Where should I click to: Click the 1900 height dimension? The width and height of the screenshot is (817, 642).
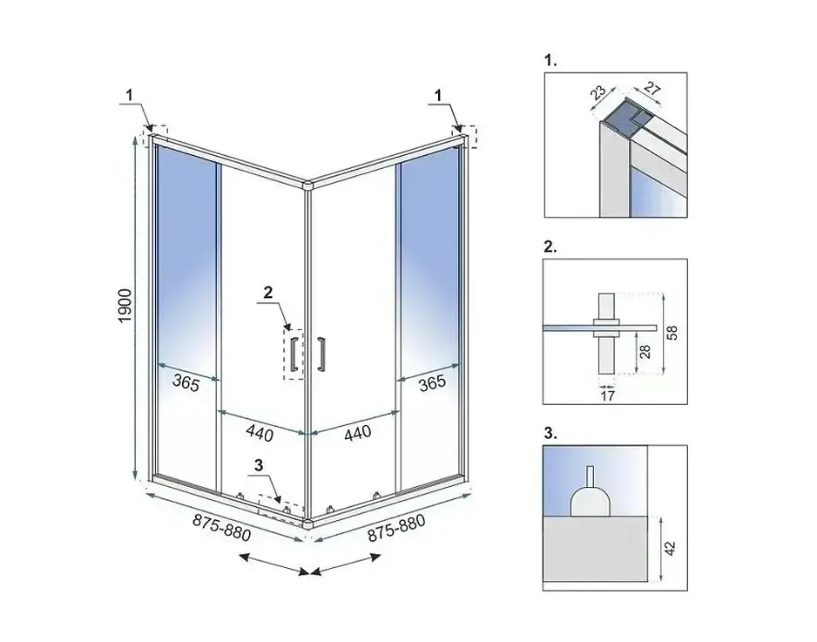(x=125, y=305)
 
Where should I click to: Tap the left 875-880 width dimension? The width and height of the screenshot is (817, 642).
(x=222, y=527)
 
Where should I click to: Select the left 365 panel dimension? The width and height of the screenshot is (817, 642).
(x=186, y=383)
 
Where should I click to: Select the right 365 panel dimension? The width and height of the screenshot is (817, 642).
(x=433, y=383)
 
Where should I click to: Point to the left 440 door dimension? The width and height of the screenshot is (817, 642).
(x=260, y=433)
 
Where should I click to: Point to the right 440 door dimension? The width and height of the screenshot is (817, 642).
(x=358, y=433)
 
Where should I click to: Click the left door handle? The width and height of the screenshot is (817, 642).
(x=294, y=355)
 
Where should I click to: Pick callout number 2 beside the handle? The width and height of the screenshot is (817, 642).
(x=267, y=293)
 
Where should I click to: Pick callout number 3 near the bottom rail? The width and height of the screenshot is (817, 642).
(x=259, y=466)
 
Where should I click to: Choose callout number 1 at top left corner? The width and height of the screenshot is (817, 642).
(x=129, y=95)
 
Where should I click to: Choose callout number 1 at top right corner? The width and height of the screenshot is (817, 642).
(x=438, y=95)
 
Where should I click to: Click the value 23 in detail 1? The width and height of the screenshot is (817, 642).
(x=598, y=92)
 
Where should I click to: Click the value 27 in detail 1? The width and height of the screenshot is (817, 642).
(x=652, y=89)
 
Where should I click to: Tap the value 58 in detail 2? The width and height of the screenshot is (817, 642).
(x=672, y=333)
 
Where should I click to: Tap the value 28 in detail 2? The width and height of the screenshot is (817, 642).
(x=645, y=352)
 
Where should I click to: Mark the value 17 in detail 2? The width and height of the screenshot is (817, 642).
(x=608, y=396)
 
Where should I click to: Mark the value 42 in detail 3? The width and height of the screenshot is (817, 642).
(x=670, y=548)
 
